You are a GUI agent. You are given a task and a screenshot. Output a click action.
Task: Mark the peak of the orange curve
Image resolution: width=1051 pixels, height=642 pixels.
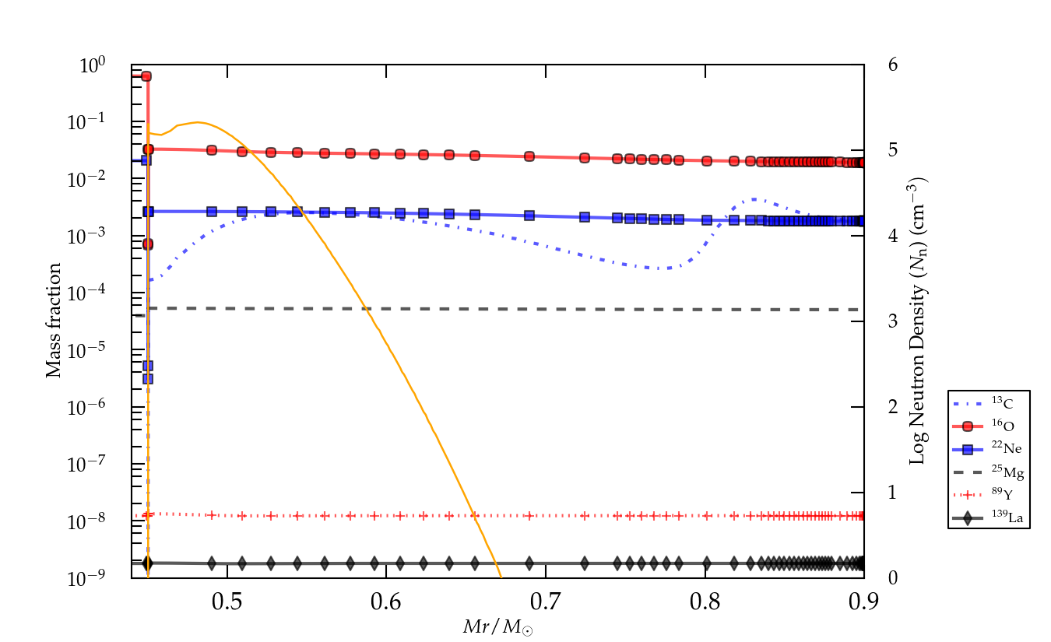click(198, 122)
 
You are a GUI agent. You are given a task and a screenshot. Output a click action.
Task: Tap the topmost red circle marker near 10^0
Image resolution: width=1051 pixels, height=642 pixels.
click(146, 76)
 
